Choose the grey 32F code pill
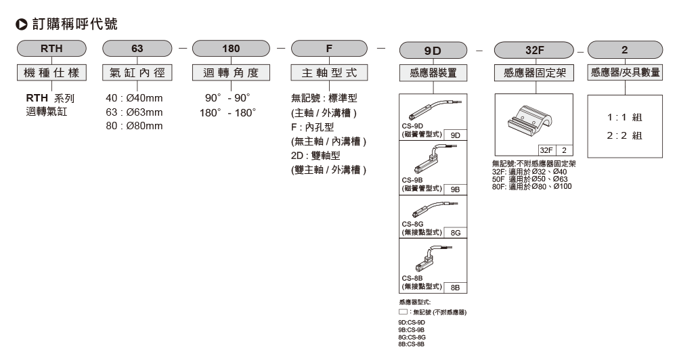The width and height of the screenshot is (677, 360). (x=533, y=49)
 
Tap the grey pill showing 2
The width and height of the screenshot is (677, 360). (x=624, y=49)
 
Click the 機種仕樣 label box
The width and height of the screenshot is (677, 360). (x=51, y=72)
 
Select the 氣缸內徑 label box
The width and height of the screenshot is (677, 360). (x=136, y=72)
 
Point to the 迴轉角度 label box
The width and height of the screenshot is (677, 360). (x=231, y=72)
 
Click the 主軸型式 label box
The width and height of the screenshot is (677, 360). (x=329, y=72)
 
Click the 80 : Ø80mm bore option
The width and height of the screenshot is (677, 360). (x=135, y=126)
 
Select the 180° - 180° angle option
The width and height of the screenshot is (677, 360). (x=227, y=112)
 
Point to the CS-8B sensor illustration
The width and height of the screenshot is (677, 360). (x=430, y=258)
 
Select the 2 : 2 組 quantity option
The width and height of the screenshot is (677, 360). (x=624, y=135)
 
